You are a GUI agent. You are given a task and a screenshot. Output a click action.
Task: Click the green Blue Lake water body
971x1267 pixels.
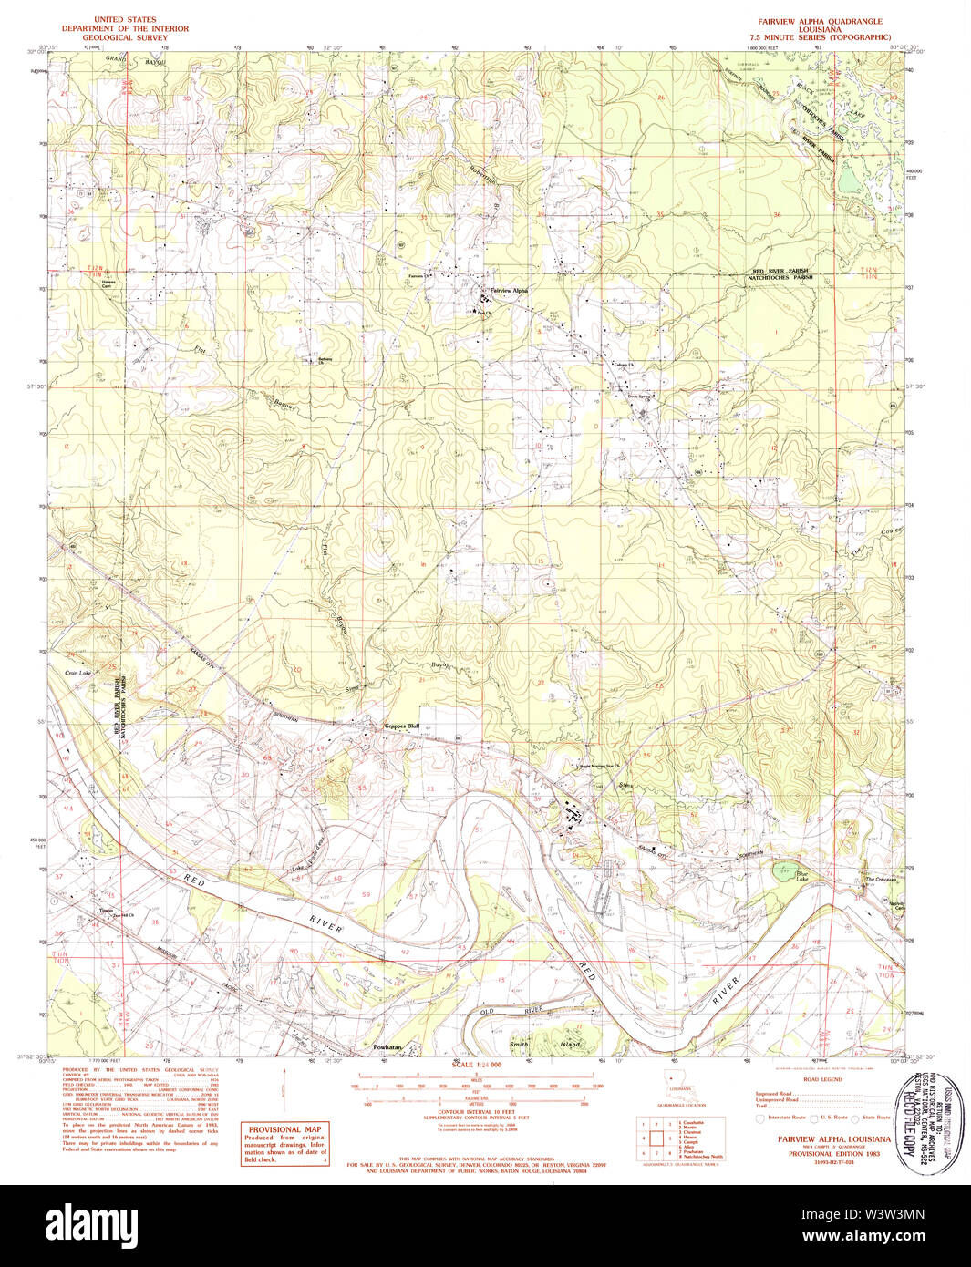coord(782,870)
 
